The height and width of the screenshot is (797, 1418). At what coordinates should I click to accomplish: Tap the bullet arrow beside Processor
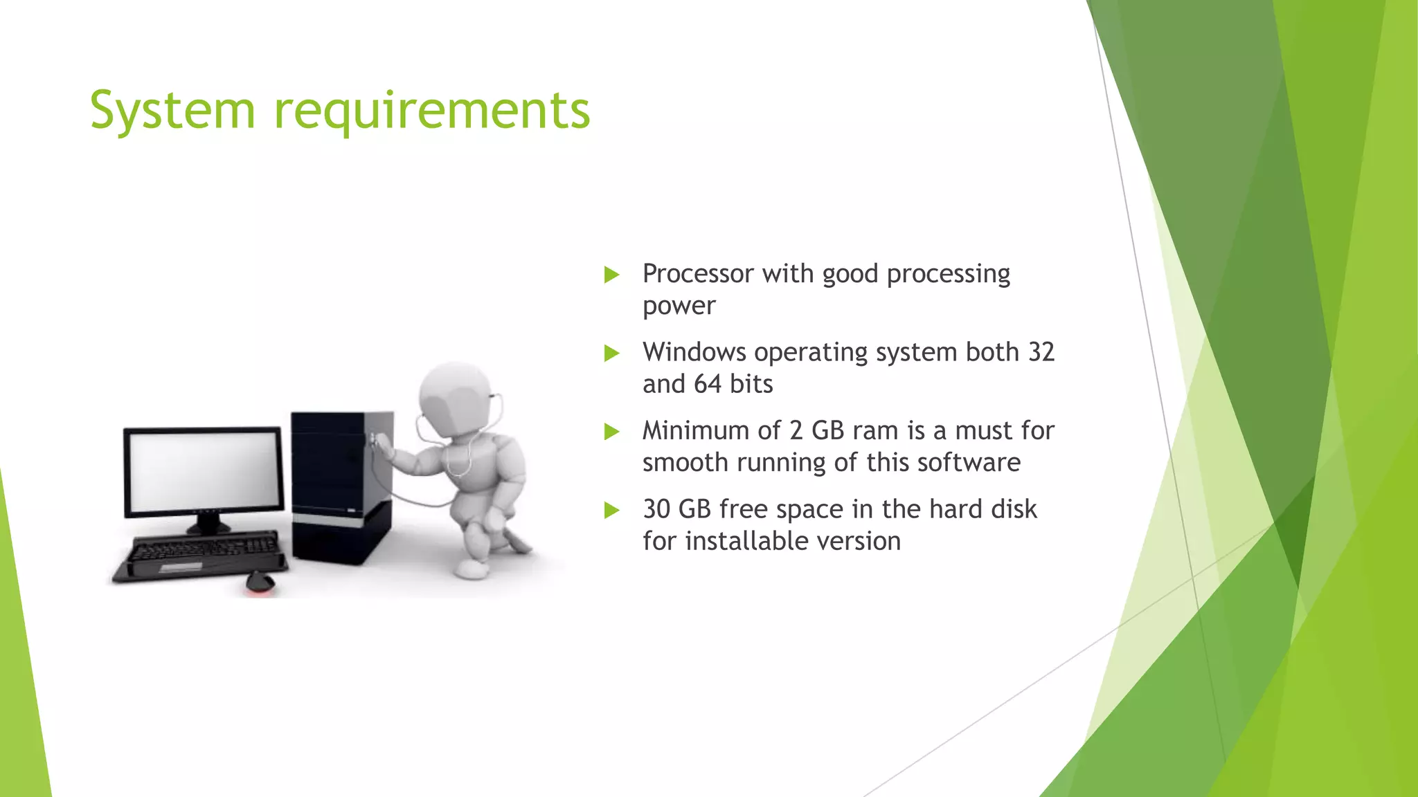click(611, 275)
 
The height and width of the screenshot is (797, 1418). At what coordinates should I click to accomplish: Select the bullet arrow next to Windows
click(611, 354)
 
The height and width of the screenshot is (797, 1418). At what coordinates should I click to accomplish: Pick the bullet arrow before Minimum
click(611, 432)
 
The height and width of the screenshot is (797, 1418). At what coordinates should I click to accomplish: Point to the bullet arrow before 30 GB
click(611, 511)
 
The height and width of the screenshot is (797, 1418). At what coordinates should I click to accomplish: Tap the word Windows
click(694, 352)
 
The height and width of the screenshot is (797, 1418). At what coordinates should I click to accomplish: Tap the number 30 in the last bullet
click(657, 509)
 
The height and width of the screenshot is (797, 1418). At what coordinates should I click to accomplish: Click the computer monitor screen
click(204, 471)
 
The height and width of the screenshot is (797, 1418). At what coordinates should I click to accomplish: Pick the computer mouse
click(260, 582)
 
